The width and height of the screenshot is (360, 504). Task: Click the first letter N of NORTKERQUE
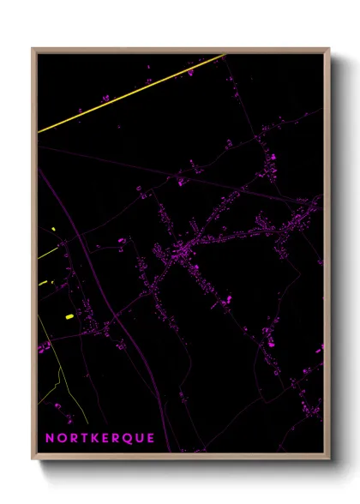(49, 437)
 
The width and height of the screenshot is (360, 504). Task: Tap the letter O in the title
(61, 437)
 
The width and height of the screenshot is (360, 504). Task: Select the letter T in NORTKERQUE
(84, 437)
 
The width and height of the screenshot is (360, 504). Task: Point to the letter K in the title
(95, 437)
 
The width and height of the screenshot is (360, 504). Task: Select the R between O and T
(73, 437)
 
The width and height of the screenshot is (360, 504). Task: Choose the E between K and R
(106, 437)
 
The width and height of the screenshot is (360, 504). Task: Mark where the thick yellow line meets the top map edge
(225, 54)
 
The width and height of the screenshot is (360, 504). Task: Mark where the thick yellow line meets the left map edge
(39, 131)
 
